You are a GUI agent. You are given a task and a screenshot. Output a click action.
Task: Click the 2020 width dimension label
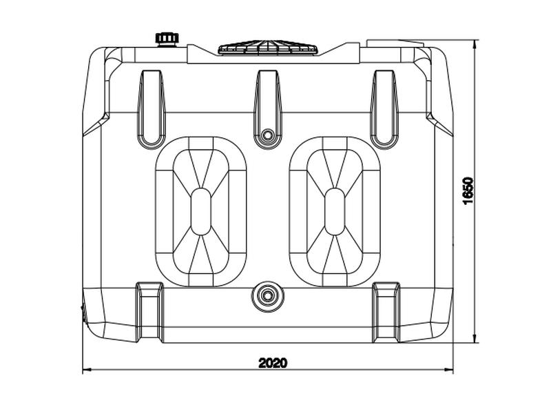(273, 363)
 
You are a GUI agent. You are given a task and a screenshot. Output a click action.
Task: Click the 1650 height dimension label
(468, 190)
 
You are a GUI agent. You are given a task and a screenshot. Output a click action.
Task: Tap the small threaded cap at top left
(167, 39)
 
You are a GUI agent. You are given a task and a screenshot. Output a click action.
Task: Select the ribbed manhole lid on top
(268, 48)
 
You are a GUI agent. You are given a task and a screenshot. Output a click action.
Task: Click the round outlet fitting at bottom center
(268, 296)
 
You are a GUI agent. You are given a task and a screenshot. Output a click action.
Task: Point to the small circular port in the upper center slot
(268, 135)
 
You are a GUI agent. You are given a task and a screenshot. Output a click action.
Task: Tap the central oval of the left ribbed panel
(200, 211)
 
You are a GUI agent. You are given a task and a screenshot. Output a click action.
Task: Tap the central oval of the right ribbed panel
(335, 211)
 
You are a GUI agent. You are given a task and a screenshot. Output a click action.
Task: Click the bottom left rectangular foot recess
(149, 312)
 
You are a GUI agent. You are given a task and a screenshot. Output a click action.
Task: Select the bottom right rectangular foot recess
(386, 312)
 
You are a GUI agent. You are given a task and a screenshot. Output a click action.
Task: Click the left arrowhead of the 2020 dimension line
(87, 370)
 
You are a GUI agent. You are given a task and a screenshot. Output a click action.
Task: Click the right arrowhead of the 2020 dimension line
(449, 370)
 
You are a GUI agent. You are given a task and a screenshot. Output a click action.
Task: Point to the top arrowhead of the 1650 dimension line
(475, 43)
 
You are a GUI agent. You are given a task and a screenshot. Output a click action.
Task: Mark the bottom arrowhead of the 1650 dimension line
(475, 339)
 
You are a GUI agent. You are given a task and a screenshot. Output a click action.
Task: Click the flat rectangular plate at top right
(395, 43)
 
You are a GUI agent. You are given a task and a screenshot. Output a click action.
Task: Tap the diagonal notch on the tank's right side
(439, 124)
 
